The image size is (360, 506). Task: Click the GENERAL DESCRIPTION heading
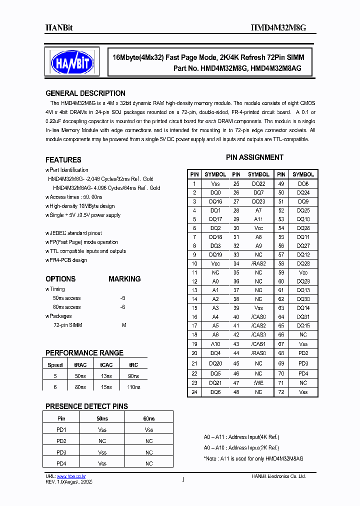tap(85, 93)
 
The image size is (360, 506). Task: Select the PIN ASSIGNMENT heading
tap(254, 157)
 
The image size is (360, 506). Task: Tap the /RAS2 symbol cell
tap(258, 264)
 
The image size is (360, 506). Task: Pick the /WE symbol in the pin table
tap(258, 382)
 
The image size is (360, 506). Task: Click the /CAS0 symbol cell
tap(258, 317)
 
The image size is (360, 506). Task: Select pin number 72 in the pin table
tap(281, 392)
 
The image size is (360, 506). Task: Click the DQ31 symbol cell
tap(303, 317)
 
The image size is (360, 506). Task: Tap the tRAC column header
tap(80, 365)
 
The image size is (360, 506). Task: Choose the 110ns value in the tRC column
tap(133, 387)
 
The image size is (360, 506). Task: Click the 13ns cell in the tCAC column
tap(106, 376)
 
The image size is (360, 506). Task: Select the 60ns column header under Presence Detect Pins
tap(149, 418)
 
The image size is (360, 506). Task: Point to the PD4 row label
tap(61, 463)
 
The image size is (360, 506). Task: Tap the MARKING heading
tap(124, 279)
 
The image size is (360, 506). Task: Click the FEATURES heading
tap(63, 160)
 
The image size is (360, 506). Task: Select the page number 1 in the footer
tap(183, 480)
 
